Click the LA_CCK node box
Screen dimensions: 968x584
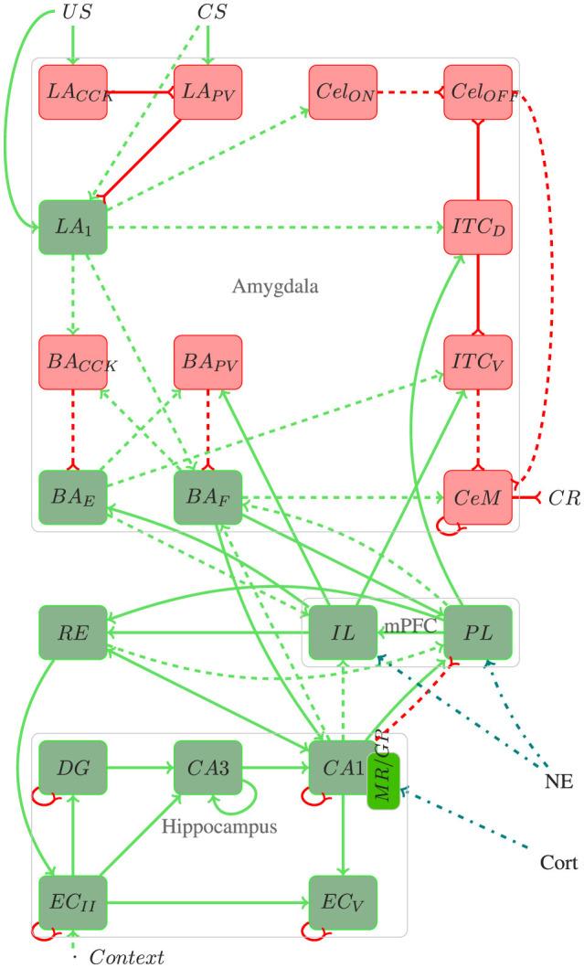pyautogui.click(x=74, y=92)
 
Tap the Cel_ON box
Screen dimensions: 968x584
pyautogui.click(x=343, y=92)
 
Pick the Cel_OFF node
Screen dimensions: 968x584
pyautogui.click(x=478, y=92)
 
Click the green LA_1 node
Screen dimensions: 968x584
pyautogui.click(x=74, y=228)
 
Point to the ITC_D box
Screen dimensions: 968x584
pyautogui.click(x=478, y=228)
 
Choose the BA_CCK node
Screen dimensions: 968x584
pyautogui.click(x=74, y=363)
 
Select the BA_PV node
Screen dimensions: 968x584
pyautogui.click(x=207, y=363)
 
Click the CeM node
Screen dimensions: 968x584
pyautogui.click(x=478, y=498)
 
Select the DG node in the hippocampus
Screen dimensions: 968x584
pyautogui.click(x=74, y=768)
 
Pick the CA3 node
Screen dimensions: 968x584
pyautogui.click(x=207, y=768)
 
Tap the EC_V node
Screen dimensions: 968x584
pyautogui.click(x=343, y=902)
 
